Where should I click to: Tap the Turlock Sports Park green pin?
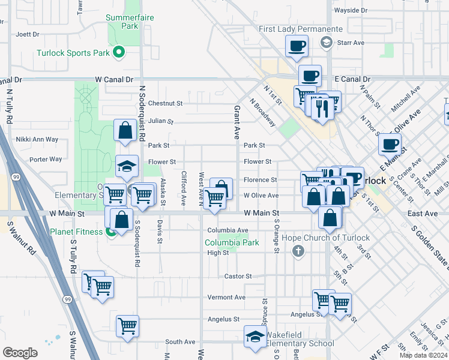pyautogui.click(x=119, y=53)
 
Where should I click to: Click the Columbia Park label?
pyautogui.click(x=232, y=243)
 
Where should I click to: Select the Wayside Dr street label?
pyautogui.click(x=351, y=10)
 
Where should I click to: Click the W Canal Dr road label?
pyautogui.click(x=113, y=79)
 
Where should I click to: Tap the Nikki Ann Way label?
pyautogui.click(x=37, y=139)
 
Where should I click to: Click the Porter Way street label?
pyautogui.click(x=46, y=159)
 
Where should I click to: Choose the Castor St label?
pyautogui.click(x=238, y=276)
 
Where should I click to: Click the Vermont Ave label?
pyautogui.click(x=226, y=297)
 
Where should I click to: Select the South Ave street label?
pyautogui.click(x=180, y=341)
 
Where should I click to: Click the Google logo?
pyautogui.click(x=20, y=352)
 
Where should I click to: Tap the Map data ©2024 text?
pyautogui.click(x=423, y=355)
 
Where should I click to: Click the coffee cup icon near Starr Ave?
pyautogui.click(x=297, y=46)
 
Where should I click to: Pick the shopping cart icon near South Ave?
pyautogui.click(x=128, y=326)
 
